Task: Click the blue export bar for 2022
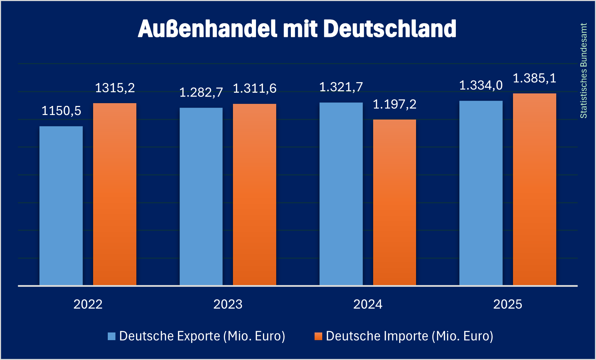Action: pyautogui.click(x=61, y=206)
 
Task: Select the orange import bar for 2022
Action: pyautogui.click(x=115, y=194)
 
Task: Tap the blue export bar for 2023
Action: pyautogui.click(x=201, y=197)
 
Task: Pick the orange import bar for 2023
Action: pyautogui.click(x=255, y=194)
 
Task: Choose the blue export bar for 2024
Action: pyautogui.click(x=341, y=194)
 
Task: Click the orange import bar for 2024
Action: pyautogui.click(x=394, y=202)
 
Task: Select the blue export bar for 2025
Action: pyautogui.click(x=481, y=193)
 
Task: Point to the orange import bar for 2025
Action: pyautogui.click(x=535, y=189)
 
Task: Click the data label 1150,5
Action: pyautogui.click(x=61, y=111)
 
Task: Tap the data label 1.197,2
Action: pyautogui.click(x=395, y=104)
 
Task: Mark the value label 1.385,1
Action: pyautogui.click(x=535, y=78)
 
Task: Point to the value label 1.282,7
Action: pyautogui.click(x=201, y=92)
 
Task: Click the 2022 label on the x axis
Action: pyautogui.click(x=88, y=304)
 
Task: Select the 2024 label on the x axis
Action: pyautogui.click(x=368, y=304)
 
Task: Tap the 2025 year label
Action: pyautogui.click(x=508, y=304)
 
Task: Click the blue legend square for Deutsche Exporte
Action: pyautogui.click(x=112, y=336)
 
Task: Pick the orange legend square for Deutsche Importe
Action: pyautogui.click(x=318, y=336)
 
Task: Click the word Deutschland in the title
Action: pyautogui.click(x=390, y=29)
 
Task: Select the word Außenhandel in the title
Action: pyautogui.click(x=208, y=29)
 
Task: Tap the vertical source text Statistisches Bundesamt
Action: pyautogui.click(x=584, y=71)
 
